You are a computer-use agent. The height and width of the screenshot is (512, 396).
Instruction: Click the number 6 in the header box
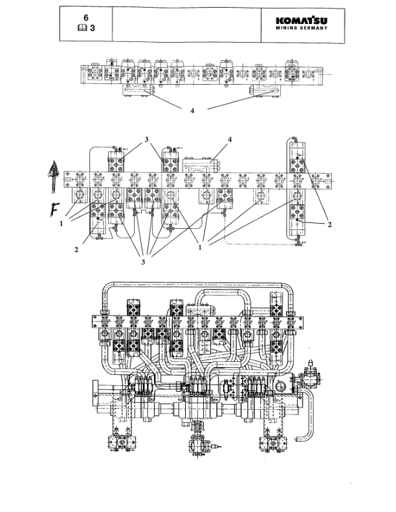click(x=85, y=17)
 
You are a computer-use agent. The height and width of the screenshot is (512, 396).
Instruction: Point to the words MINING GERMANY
click(x=302, y=29)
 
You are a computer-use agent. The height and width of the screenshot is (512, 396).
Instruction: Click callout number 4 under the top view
click(x=192, y=111)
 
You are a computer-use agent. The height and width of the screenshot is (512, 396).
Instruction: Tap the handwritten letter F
click(x=57, y=208)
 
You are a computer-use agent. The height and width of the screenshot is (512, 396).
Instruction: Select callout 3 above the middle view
click(x=147, y=138)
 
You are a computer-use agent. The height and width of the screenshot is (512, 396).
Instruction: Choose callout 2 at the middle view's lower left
click(x=76, y=248)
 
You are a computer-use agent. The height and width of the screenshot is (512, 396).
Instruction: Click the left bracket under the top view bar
click(x=137, y=90)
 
